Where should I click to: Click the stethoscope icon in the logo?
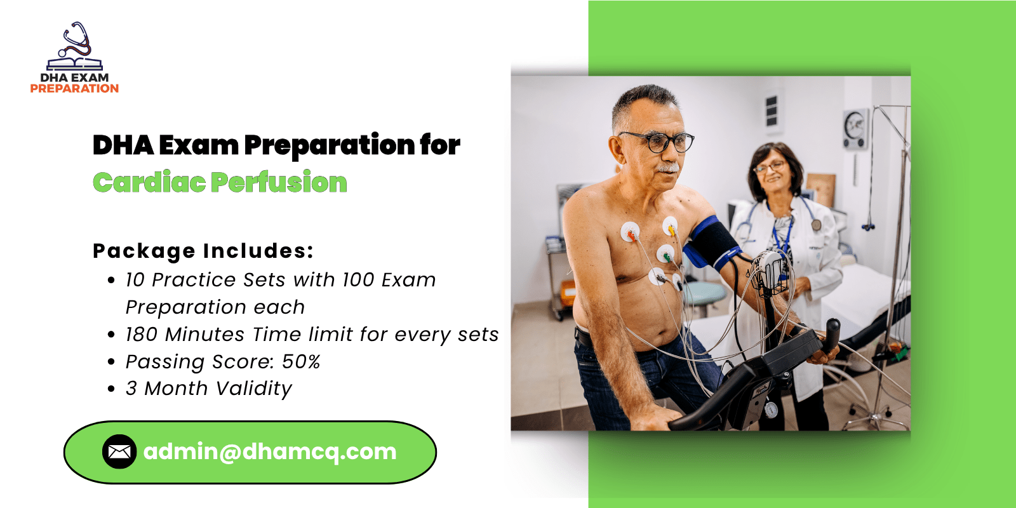click(77, 40)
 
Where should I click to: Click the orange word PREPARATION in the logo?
click(74, 88)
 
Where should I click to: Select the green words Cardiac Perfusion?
click(220, 182)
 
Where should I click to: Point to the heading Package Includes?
click(203, 251)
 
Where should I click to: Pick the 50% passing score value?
click(301, 361)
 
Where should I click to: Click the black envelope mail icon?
click(119, 451)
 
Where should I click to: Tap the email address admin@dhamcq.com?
click(270, 451)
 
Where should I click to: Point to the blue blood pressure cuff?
click(712, 243)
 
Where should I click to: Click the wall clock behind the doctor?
click(855, 129)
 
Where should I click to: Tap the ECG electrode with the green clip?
click(665, 254)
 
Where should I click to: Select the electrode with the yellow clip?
click(671, 226)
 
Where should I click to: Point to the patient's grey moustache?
click(668, 168)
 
